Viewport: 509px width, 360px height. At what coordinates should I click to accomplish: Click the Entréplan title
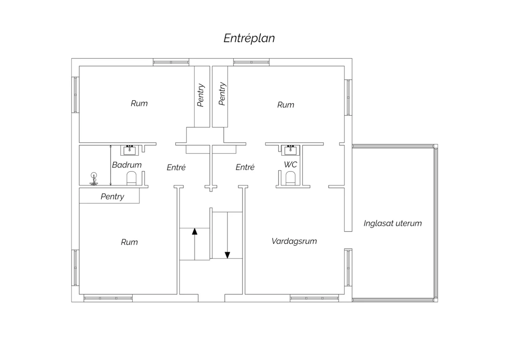(249, 38)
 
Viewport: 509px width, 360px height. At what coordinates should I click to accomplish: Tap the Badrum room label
(127, 165)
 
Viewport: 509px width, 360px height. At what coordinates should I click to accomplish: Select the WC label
(290, 165)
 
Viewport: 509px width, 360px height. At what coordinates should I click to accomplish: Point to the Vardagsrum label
(294, 241)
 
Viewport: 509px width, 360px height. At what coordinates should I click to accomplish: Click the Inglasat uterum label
(393, 223)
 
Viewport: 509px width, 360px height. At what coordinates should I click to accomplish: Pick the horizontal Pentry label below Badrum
(112, 197)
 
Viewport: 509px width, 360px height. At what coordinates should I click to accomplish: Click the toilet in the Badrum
(131, 178)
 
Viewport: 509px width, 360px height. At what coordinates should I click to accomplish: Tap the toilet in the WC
(290, 178)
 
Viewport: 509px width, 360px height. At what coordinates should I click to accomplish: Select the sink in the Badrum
(130, 150)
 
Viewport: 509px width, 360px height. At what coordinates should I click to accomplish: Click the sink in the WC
(290, 150)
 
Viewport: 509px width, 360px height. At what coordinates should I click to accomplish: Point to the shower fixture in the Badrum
(94, 179)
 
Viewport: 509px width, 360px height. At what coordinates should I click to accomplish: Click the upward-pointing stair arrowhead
(194, 232)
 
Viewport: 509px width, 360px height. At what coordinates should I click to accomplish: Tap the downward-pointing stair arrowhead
(227, 255)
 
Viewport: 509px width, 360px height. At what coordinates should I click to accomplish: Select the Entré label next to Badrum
(176, 167)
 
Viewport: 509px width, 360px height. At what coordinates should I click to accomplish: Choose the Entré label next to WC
(245, 167)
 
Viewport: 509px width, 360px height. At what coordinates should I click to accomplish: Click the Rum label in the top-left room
(139, 104)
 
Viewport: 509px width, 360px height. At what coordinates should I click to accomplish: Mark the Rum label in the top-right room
(286, 105)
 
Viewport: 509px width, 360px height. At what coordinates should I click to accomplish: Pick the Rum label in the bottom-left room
(129, 242)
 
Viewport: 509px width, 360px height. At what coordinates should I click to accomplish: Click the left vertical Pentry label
(201, 95)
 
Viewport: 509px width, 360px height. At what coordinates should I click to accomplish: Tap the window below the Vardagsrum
(314, 298)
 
